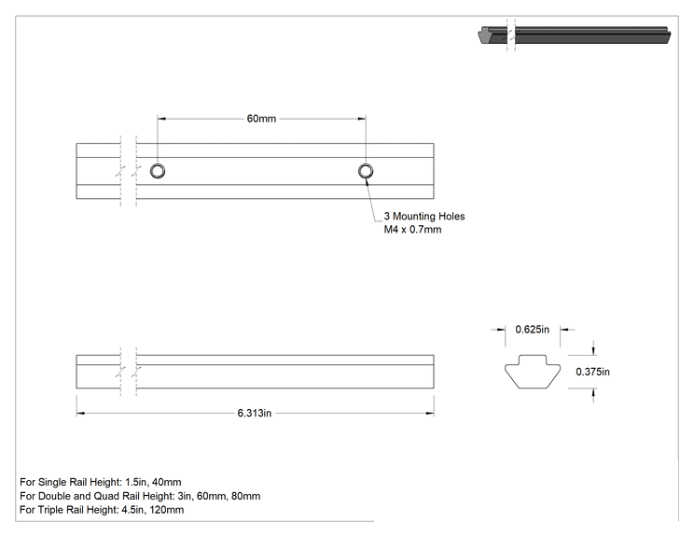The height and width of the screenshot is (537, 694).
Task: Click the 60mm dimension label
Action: point(261,119)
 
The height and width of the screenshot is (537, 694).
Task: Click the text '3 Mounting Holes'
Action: point(424,217)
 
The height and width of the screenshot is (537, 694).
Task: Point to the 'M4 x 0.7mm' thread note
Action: point(412,230)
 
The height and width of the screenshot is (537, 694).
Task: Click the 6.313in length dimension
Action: point(255,413)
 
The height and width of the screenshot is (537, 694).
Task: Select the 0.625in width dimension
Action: point(532,329)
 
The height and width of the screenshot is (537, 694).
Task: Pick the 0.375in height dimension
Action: point(592,372)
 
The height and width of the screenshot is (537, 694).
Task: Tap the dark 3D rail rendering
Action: point(576,35)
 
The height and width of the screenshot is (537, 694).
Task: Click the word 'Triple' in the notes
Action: point(51,510)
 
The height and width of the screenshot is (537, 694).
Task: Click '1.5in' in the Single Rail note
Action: point(134,482)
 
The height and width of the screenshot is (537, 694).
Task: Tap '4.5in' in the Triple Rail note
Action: point(132,510)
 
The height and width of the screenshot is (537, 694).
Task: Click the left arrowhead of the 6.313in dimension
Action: point(80,414)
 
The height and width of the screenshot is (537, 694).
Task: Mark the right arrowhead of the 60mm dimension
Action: point(362,119)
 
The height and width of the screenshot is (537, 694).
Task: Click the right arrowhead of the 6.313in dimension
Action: point(430,414)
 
